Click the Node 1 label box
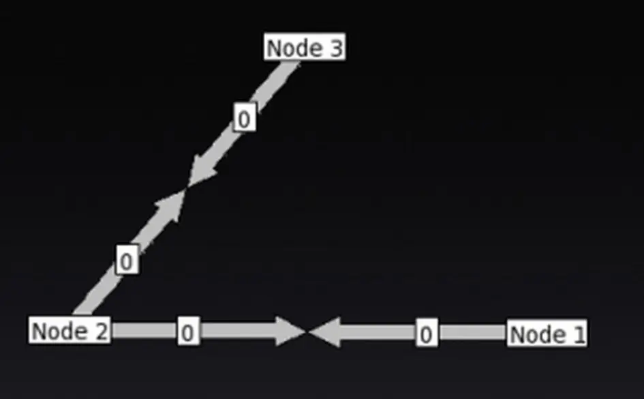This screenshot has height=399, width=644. pyautogui.click(x=547, y=334)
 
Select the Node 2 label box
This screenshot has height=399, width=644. pyautogui.click(x=70, y=331)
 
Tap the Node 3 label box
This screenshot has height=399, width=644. pyautogui.click(x=304, y=48)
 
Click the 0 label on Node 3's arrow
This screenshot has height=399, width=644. pyautogui.click(x=244, y=118)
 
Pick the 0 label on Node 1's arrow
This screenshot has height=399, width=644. pyautogui.click(x=426, y=334)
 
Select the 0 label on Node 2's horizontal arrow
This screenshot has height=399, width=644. pyautogui.click(x=188, y=332)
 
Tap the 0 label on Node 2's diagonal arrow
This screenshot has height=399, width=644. pyautogui.click(x=127, y=261)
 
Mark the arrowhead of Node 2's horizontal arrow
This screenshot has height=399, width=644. pyautogui.click(x=290, y=331)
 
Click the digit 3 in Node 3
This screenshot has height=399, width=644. pyautogui.click(x=334, y=48)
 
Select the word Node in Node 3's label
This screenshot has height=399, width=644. pyautogui.click(x=294, y=48)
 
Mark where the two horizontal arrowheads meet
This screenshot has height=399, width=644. pyautogui.click(x=307, y=332)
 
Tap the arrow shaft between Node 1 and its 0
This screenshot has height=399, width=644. pyautogui.click(x=472, y=333)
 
